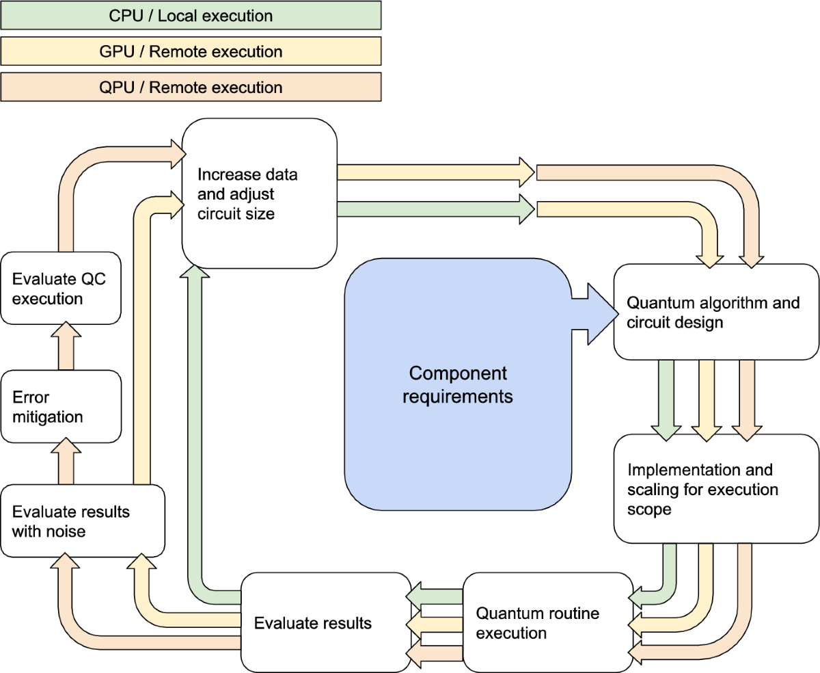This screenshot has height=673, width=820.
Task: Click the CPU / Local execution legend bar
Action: (191, 15)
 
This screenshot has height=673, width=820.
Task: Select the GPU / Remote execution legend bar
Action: (191, 51)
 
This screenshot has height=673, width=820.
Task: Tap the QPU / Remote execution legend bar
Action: (191, 87)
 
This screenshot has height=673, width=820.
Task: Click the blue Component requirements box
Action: (457, 384)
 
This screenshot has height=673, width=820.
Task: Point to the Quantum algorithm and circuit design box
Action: (715, 312)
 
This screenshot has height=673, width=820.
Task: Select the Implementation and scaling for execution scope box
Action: (715, 488)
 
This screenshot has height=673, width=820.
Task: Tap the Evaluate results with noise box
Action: (82, 520)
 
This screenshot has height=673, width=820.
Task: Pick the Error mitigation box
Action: (61, 406)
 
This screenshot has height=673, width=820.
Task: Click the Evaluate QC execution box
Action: (61, 288)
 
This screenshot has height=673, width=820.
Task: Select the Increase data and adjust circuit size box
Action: (259, 194)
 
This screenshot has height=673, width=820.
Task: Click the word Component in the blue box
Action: (458, 373)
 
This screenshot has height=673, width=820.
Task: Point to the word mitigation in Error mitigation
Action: (47, 417)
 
